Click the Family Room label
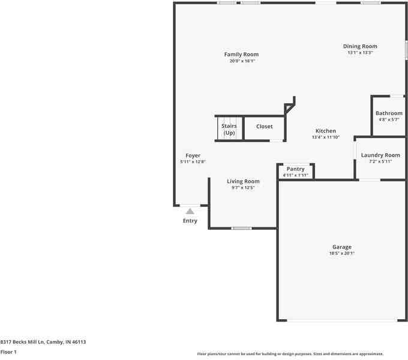pyautogui.click(x=241, y=55)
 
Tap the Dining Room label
pyautogui.click(x=360, y=46)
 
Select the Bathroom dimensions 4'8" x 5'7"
pyautogui.click(x=389, y=119)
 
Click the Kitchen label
pyautogui.click(x=326, y=131)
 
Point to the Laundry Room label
pyautogui.click(x=380, y=155)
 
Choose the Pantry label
pyautogui.click(x=295, y=169)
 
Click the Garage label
pyautogui.click(x=342, y=247)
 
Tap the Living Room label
pyautogui.click(x=243, y=181)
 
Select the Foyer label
pyautogui.click(x=193, y=155)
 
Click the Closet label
pyautogui.click(x=264, y=127)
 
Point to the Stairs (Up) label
pyautogui.click(x=229, y=129)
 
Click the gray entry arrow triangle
pyautogui.click(x=190, y=211)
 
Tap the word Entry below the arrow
pyautogui.click(x=190, y=221)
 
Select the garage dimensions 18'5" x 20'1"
pyautogui.click(x=342, y=253)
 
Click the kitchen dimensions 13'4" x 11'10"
pyautogui.click(x=326, y=137)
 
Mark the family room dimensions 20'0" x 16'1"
pyautogui.click(x=242, y=61)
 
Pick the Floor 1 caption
pyautogui.click(x=8, y=352)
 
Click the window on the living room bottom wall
pyautogui.click(x=241, y=228)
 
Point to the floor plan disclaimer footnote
pyautogui.click(x=290, y=354)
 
